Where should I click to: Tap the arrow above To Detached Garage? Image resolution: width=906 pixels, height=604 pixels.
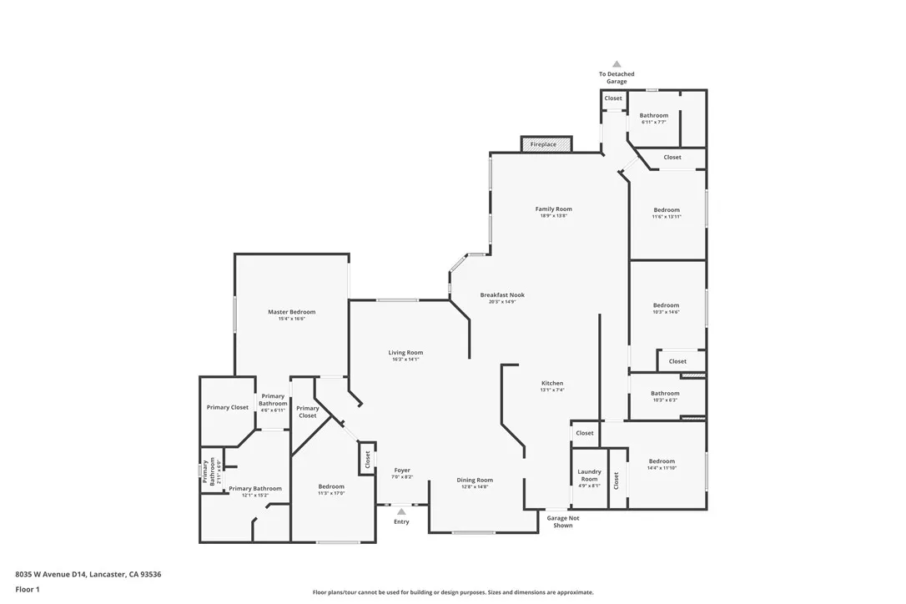click(617, 63)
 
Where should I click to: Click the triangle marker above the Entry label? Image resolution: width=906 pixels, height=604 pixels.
click(401, 511)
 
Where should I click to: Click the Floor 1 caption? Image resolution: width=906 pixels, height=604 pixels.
click(27, 589)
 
